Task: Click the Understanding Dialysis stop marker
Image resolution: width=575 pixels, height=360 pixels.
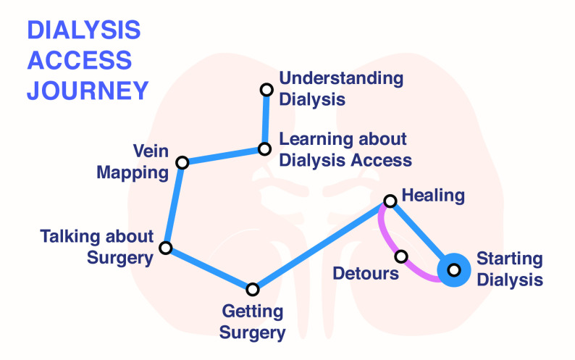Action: (x=266, y=89)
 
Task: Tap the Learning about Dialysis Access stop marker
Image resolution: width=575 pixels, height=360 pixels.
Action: (x=264, y=150)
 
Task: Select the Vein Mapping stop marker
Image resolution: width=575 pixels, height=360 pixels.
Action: (x=182, y=162)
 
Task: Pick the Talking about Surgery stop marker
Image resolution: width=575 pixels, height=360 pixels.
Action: (x=165, y=248)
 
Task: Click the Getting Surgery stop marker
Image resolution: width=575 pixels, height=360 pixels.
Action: (x=252, y=289)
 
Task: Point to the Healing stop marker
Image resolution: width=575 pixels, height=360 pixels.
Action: (x=389, y=201)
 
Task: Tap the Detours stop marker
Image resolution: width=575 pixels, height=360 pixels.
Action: (x=401, y=256)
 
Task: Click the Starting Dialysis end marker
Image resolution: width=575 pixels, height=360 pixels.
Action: (x=454, y=269)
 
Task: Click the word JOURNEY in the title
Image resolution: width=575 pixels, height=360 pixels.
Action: (x=88, y=91)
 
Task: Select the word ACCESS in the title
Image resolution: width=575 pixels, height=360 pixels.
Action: (x=79, y=60)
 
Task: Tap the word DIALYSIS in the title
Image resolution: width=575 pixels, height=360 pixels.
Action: (x=84, y=30)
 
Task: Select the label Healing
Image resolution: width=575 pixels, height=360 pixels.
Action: (x=433, y=195)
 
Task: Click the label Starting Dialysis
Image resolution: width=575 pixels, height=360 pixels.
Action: (x=509, y=269)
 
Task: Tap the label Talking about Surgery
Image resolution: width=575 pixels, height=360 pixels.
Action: (x=97, y=247)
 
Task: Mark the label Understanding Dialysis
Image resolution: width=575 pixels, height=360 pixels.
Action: (x=341, y=88)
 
